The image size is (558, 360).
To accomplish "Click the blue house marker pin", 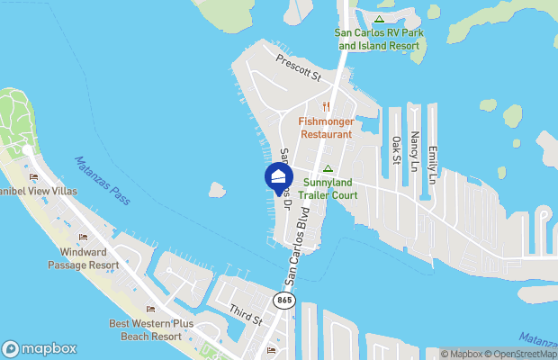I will [x=279, y=175].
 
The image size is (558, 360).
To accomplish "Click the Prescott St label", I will [x=299, y=71].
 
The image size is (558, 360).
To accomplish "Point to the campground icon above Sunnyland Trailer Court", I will [x=328, y=168].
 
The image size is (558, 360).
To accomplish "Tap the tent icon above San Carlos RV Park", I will [x=379, y=19].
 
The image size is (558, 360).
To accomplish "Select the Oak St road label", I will [x=396, y=150].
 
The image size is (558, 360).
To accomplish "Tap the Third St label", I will [x=245, y=313].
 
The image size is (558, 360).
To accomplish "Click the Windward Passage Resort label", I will [x=83, y=259].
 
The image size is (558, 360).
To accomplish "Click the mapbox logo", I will [x=40, y=348].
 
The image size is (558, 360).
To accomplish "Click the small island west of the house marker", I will [x=217, y=190].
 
